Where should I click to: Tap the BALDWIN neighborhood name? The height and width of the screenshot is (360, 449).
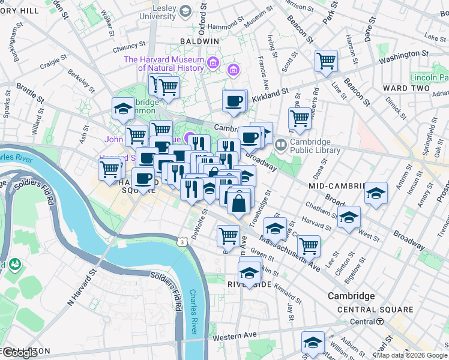pyautogui.click(x=199, y=41)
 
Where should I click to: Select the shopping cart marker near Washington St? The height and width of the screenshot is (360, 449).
pyautogui.click(x=326, y=60)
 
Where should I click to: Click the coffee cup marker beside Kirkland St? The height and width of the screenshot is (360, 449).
pyautogui.click(x=234, y=101)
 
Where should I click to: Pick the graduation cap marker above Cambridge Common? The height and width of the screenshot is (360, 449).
pyautogui.click(x=123, y=109)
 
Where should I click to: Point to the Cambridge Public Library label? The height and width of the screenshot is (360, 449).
pyautogui.click(x=315, y=146)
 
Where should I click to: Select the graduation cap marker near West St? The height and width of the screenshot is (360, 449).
pyautogui.click(x=349, y=218)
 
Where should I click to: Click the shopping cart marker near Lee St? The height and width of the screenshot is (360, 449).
pyautogui.click(x=309, y=245)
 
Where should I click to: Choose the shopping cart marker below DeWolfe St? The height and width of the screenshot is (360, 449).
pyautogui.click(x=229, y=236)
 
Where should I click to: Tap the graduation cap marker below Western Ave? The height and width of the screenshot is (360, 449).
pyautogui.click(x=313, y=343)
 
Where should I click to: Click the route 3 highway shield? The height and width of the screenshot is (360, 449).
pyautogui.click(x=181, y=241)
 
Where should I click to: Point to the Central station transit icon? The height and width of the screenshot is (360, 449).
pyautogui.click(x=381, y=322)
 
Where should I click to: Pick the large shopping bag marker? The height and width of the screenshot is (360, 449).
pyautogui.click(x=239, y=202)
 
